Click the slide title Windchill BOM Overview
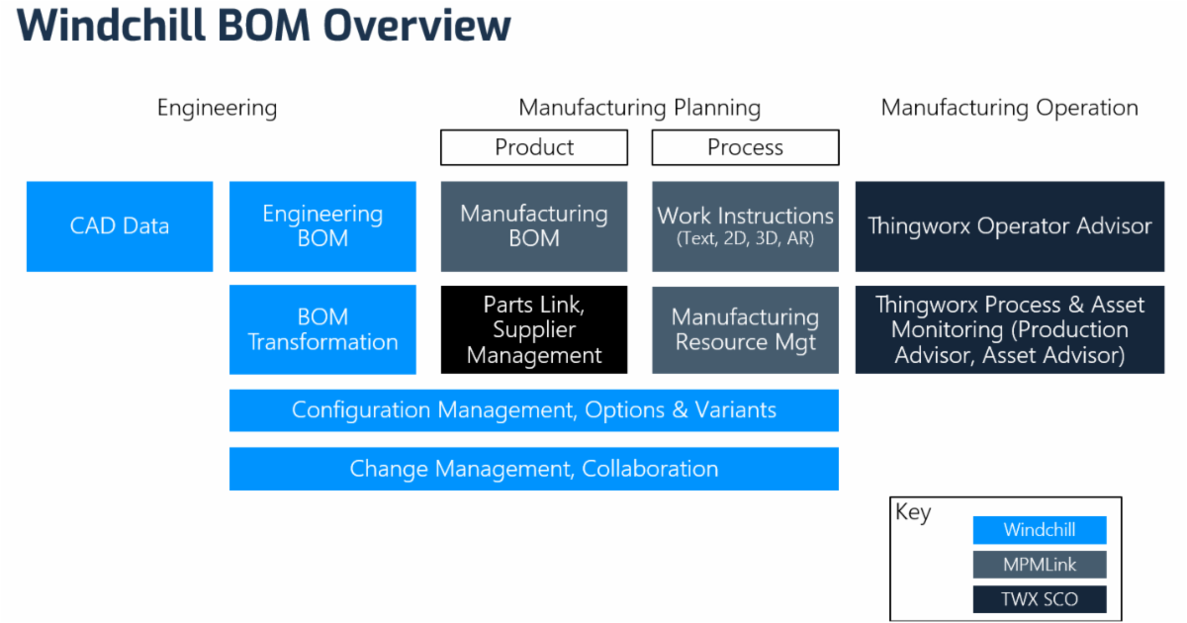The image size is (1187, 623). click(264, 27)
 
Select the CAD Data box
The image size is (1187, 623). click(120, 226)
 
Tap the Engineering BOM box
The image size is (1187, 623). click(322, 226)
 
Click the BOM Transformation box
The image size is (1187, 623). click(322, 329)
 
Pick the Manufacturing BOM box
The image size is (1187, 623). click(534, 226)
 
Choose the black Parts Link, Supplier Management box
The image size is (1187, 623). click(534, 330)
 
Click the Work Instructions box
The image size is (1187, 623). click(745, 226)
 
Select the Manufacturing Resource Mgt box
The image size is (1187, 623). click(745, 330)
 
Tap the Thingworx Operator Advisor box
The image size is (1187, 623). click(1010, 226)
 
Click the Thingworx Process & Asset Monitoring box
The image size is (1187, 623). click(1010, 330)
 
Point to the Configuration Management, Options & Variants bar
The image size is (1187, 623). click(534, 410)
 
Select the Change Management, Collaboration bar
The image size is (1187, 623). click(534, 469)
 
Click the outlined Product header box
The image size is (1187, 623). click(534, 148)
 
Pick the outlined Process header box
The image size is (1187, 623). click(745, 148)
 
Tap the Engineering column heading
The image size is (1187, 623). click(217, 108)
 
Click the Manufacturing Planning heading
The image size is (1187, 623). click(639, 108)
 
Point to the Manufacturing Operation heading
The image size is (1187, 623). click(1009, 108)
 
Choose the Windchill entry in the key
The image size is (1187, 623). click(1040, 530)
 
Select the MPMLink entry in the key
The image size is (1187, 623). click(1040, 565)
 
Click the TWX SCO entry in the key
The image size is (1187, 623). click(1040, 599)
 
